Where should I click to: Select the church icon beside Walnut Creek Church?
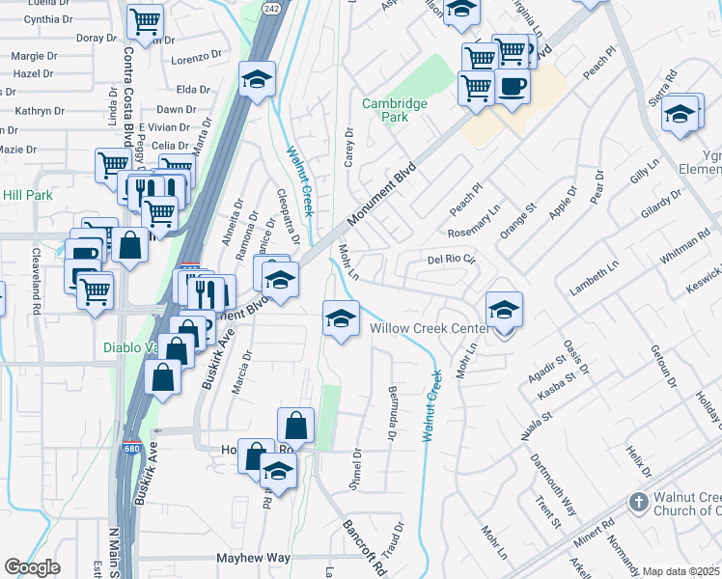(637, 502)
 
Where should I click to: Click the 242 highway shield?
(271, 8)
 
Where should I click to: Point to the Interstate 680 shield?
(130, 449)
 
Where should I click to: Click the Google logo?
(32, 567)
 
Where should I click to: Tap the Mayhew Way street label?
(254, 558)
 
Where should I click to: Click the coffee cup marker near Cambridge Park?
(512, 87)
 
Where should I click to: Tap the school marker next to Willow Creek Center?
(504, 310)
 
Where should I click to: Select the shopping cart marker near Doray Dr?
(145, 21)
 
